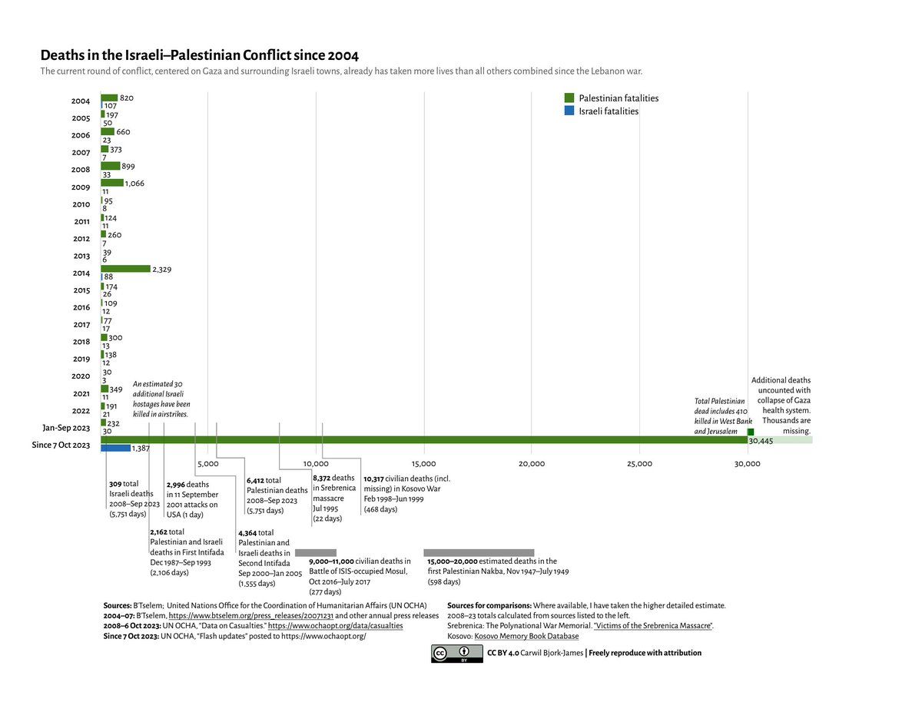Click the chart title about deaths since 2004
pyautogui.click(x=199, y=55)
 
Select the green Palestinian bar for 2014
pyautogui.click(x=125, y=269)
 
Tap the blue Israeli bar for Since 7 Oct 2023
pyautogui.click(x=115, y=448)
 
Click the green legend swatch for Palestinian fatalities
pyautogui.click(x=569, y=98)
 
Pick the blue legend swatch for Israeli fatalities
pyautogui.click(x=569, y=111)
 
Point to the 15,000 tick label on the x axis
pyautogui.click(x=423, y=464)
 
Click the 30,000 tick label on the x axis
pyautogui.click(x=747, y=464)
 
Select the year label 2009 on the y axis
pyautogui.click(x=81, y=187)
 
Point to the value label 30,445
pyautogui.click(x=761, y=442)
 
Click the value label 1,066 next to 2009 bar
pyautogui.click(x=134, y=184)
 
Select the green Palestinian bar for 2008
pyautogui.click(x=111, y=166)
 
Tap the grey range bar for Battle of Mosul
pyautogui.click(x=316, y=553)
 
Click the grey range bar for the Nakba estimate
pyautogui.click(x=479, y=553)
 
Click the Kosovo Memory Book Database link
pyautogui.click(x=526, y=637)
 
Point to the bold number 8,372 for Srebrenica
pyautogui.click(x=321, y=478)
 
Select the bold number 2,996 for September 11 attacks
pyautogui.click(x=176, y=485)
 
